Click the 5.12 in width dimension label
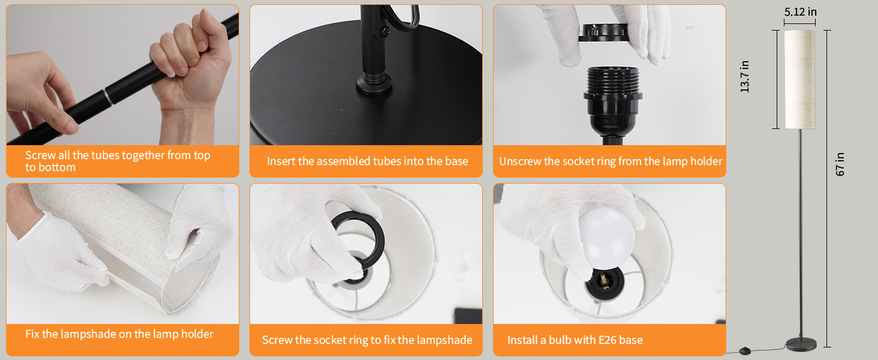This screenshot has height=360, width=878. click(800, 12)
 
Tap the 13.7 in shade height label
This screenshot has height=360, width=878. click(745, 76)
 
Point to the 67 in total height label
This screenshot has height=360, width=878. click(840, 164)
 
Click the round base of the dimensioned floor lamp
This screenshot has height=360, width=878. click(801, 344)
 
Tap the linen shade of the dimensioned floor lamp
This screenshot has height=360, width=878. click(799, 79)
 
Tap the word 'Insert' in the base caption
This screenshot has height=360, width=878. click(281, 161)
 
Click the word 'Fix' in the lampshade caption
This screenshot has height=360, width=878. click(33, 334)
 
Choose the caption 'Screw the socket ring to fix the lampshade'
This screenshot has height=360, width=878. click(367, 340)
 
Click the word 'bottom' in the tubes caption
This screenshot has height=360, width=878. click(57, 167)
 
